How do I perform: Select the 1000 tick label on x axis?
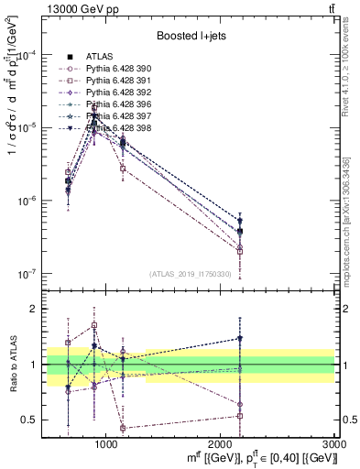click(x=106, y=445)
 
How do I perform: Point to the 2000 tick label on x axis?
click(x=221, y=445)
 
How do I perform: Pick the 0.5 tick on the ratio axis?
click(x=30, y=420)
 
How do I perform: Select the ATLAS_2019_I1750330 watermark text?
click(x=189, y=274)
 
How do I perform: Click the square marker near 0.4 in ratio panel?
click(x=123, y=428)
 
